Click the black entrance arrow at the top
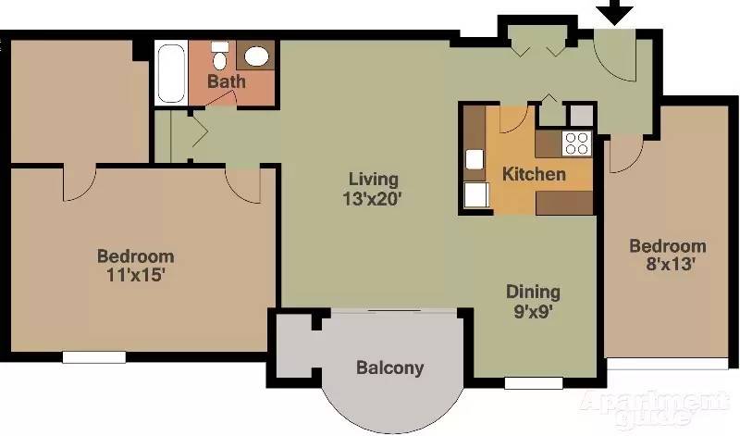pyautogui.click(x=613, y=12)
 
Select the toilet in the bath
pyautogui.click(x=220, y=58)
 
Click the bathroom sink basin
pyautogui.click(x=256, y=56)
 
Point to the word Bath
pyautogui.click(x=226, y=82)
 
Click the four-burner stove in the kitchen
pyautogui.click(x=577, y=143)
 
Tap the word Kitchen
pyautogui.click(x=534, y=174)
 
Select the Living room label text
pyautogui.click(x=373, y=179)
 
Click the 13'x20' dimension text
pyautogui.click(x=373, y=197)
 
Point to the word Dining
pyautogui.click(x=532, y=292)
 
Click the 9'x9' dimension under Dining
pyautogui.click(x=532, y=311)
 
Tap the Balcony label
pyautogui.click(x=390, y=368)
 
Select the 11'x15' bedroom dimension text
pyautogui.click(x=136, y=274)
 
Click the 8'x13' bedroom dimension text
pyautogui.click(x=667, y=264)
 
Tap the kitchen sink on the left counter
pyautogui.click(x=475, y=159)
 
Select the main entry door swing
pyautogui.click(x=612, y=58)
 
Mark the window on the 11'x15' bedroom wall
pyautogui.click(x=93, y=356)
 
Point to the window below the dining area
pyautogui.click(x=533, y=382)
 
